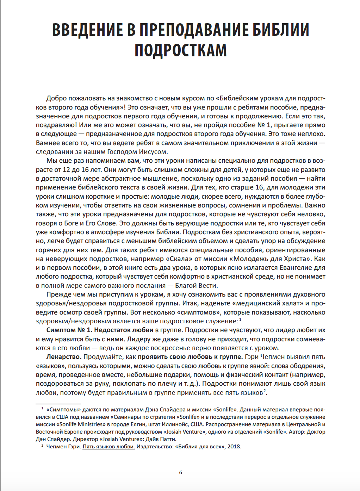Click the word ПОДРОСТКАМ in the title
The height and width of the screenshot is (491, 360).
[x=180, y=50]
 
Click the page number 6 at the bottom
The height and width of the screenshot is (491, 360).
[x=181, y=472]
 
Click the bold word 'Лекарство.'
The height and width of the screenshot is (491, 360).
[x=64, y=357]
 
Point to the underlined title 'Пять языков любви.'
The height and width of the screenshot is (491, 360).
[x=109, y=447]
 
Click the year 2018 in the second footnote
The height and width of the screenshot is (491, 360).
[x=234, y=447]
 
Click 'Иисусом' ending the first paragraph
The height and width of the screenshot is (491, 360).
[x=154, y=152]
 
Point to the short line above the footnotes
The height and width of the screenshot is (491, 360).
[x=58, y=404]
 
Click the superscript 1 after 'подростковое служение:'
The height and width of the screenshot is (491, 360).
[x=240, y=319]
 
